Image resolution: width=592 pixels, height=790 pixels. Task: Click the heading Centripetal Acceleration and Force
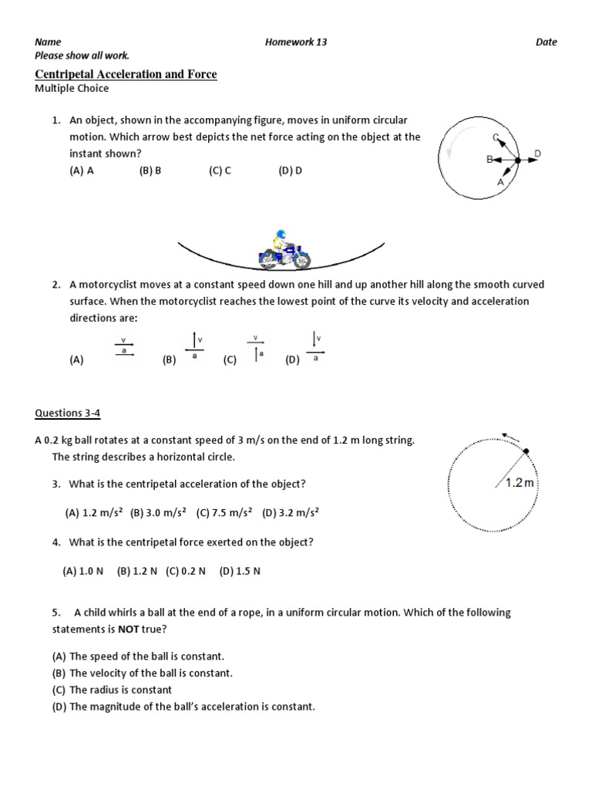(126, 74)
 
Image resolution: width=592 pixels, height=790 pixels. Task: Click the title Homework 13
(295, 42)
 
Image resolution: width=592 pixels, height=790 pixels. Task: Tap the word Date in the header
(546, 42)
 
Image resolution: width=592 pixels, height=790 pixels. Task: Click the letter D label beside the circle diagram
(537, 154)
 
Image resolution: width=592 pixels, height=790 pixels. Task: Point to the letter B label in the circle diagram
(489, 160)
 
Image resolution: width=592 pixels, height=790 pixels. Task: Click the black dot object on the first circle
(517, 160)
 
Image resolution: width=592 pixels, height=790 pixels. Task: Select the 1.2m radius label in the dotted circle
(519, 482)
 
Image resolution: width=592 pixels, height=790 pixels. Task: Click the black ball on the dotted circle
(526, 451)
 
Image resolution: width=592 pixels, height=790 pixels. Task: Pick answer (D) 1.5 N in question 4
(240, 571)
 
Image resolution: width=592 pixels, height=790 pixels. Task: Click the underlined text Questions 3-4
(68, 413)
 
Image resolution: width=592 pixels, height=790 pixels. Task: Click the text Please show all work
(82, 56)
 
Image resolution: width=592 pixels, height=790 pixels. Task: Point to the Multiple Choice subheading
(72, 89)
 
